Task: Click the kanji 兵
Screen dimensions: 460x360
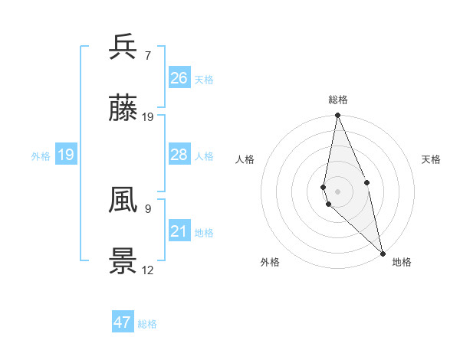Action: coord(123,47)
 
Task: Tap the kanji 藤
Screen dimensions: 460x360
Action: coord(123,110)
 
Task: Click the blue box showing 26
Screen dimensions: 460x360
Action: coord(179,77)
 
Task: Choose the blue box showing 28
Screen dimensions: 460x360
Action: coord(179,155)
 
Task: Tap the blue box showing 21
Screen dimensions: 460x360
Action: coord(179,231)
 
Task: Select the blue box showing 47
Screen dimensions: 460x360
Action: coord(123,322)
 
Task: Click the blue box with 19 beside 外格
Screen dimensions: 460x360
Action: coord(66,155)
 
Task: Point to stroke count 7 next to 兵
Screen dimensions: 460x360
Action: coord(148,55)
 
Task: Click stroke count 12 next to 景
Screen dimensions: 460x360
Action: coord(148,270)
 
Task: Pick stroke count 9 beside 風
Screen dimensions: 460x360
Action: coord(148,208)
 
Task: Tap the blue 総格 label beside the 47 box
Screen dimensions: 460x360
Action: coord(148,324)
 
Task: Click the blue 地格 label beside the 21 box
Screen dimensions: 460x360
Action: coord(204,233)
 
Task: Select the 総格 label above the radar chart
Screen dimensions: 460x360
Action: coord(338,100)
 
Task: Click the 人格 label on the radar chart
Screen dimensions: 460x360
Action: coord(245,159)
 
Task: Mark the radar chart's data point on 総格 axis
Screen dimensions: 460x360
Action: coord(337,116)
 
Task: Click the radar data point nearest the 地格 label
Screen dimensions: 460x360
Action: coord(383,253)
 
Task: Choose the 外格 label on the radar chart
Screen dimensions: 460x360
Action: coord(270,262)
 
